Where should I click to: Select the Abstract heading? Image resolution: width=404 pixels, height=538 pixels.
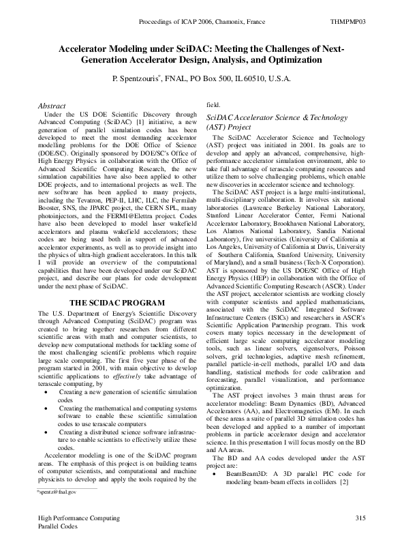(x=52, y=106)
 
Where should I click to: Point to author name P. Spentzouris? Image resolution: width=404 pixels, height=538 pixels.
(x=139, y=79)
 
